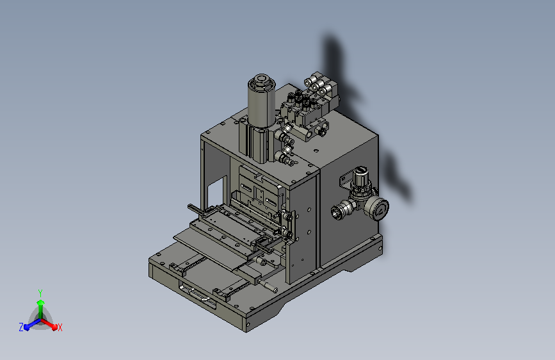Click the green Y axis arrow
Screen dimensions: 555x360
(40, 308)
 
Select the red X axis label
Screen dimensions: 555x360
(60, 327)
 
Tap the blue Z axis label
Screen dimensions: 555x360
(21, 327)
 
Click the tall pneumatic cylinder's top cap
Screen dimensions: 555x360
(262, 82)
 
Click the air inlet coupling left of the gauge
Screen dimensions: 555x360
(340, 209)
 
